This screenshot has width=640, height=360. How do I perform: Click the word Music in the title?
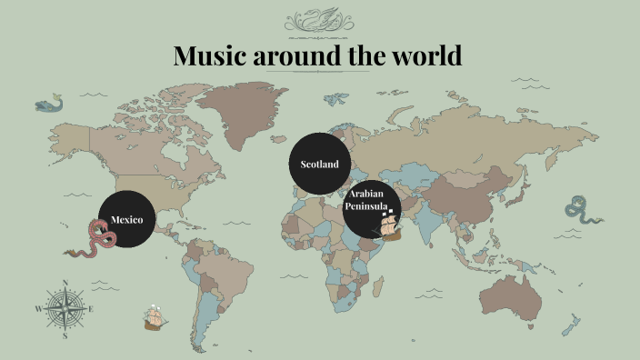tap(211, 56)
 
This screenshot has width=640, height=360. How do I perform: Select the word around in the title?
tap(297, 56)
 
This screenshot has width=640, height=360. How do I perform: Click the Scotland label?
tap(319, 165)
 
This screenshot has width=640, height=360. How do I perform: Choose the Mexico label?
tap(126, 220)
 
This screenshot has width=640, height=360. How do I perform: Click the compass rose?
tap(66, 309)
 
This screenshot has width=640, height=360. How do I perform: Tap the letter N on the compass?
tap(66, 283)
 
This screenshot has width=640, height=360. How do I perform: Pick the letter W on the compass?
tap(39, 310)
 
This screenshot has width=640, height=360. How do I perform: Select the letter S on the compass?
tap(66, 335)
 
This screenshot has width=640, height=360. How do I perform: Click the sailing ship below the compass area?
tap(155, 318)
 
